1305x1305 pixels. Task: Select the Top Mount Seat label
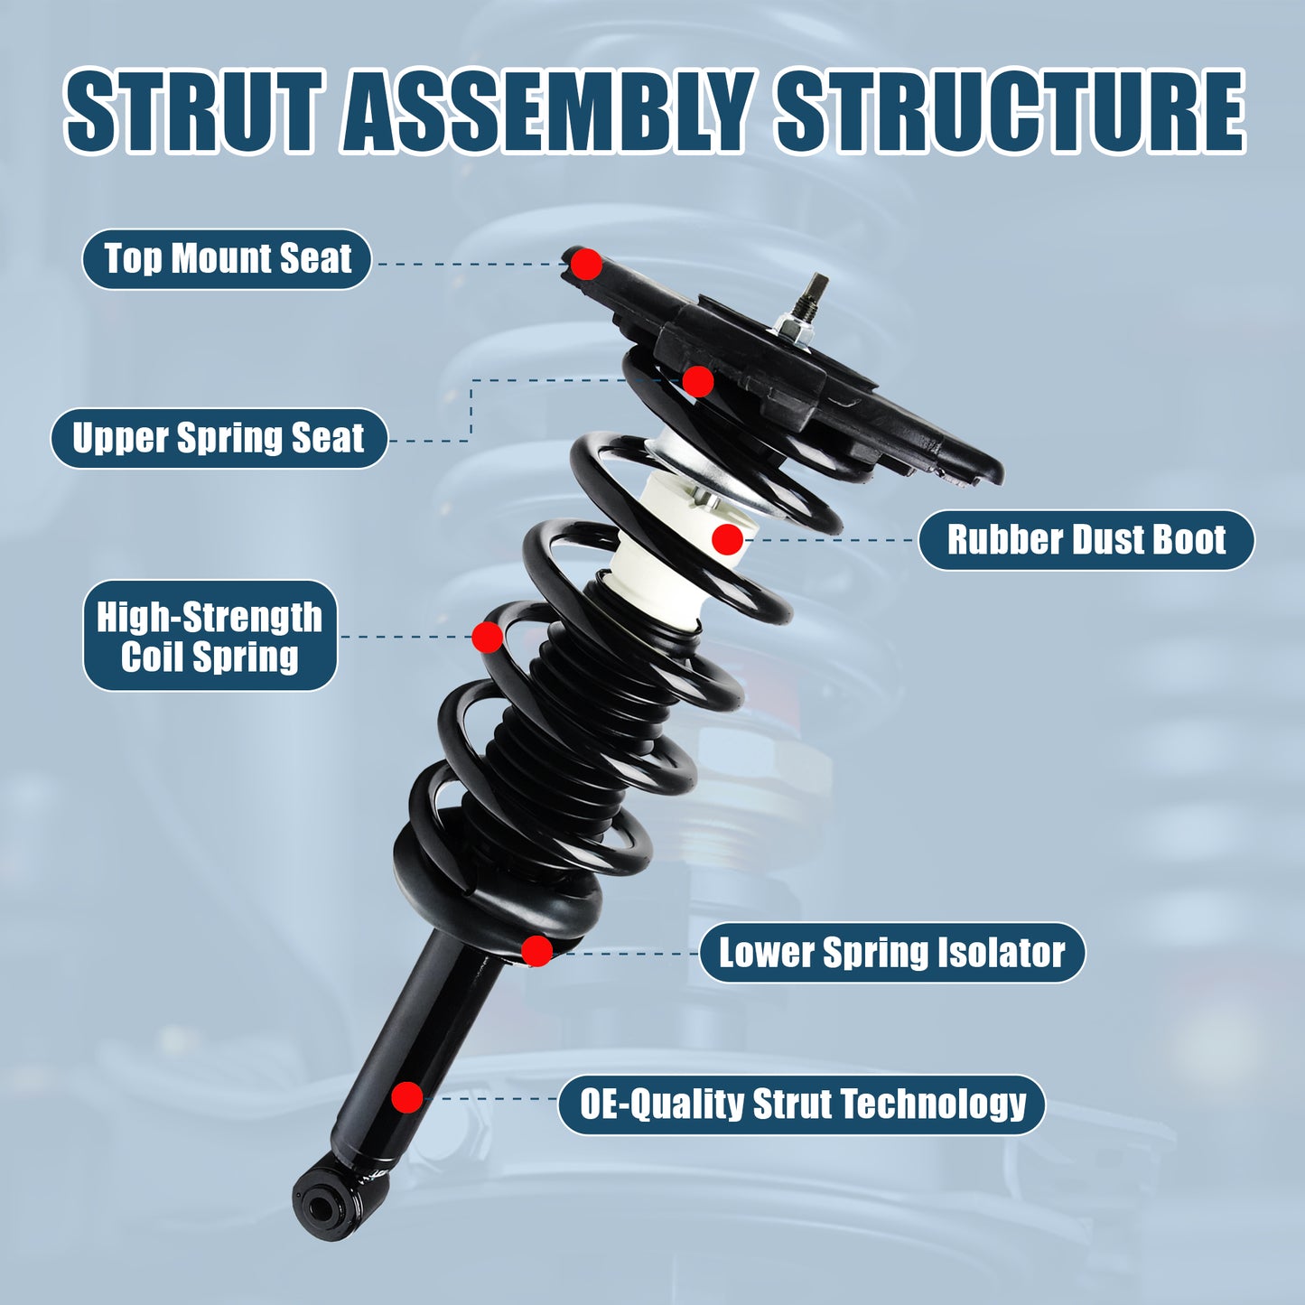point(227,259)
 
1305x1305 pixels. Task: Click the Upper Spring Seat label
point(219,438)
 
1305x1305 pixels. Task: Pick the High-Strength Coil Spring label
point(210,636)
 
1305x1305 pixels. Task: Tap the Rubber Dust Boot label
point(1086,540)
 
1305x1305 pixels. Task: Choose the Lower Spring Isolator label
point(891,953)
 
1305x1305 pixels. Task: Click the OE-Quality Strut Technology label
point(802,1104)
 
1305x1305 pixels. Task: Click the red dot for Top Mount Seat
point(586,265)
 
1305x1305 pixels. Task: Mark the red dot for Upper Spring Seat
point(697,381)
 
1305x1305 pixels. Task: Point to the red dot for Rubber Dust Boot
point(727,539)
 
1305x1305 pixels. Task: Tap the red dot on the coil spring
point(487,637)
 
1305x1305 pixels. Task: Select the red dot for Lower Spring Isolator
point(536,950)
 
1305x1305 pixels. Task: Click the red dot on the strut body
point(406,1097)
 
